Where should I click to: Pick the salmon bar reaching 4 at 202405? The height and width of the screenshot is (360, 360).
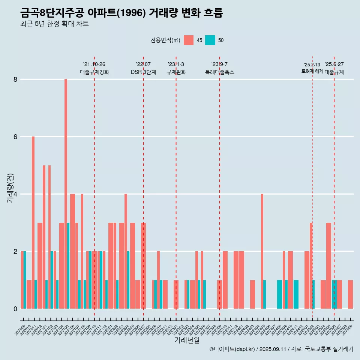[262, 251]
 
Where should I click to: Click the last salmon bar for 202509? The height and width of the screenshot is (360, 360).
[350, 294]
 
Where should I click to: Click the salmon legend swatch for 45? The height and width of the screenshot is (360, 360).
[189, 40]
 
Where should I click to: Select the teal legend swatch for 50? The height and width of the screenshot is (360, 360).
[210, 40]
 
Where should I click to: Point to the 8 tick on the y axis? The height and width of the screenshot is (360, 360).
[15, 79]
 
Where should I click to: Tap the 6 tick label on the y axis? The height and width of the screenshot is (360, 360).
[15, 137]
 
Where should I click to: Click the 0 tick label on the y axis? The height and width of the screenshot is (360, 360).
[15, 309]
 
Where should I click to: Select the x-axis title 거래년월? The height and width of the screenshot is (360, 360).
[187, 340]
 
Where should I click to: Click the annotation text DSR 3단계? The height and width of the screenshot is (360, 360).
[143, 72]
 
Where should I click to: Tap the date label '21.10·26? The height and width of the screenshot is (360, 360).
[94, 64]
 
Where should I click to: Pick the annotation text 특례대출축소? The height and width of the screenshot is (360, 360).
[220, 72]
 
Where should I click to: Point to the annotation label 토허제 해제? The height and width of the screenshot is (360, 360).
[312, 71]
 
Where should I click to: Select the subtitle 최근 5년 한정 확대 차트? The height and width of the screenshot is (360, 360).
[55, 24]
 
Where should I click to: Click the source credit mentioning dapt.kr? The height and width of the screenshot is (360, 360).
[282, 349]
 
